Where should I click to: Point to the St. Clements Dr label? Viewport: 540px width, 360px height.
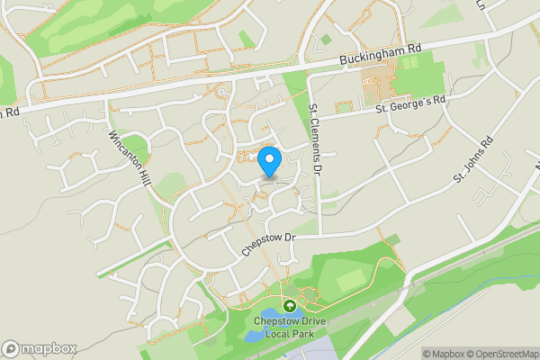[315, 138]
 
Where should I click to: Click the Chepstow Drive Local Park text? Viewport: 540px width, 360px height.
[289, 326]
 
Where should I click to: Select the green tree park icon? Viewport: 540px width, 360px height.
[289, 307]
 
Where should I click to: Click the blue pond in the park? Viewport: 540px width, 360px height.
[255, 335]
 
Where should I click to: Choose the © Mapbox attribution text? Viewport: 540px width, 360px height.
[445, 354]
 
